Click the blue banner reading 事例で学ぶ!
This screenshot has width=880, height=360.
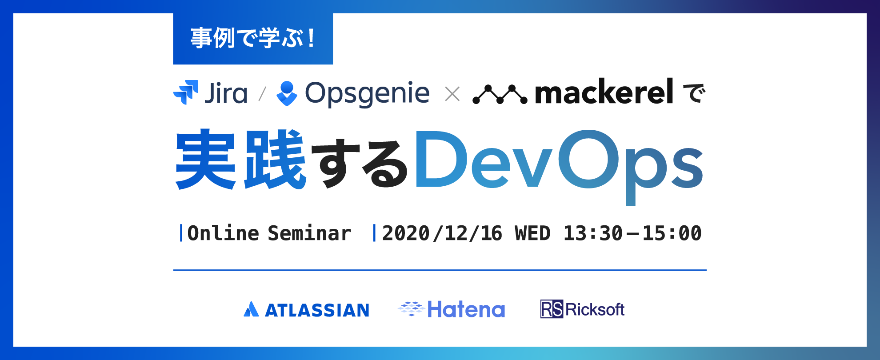[253, 39]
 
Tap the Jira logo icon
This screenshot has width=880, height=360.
[186, 92]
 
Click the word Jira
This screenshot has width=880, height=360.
[226, 93]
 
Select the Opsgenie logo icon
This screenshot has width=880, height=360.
[287, 93]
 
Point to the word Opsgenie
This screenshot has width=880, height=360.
[367, 94]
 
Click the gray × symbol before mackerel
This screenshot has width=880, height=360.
[452, 94]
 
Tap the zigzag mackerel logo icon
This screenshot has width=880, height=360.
[500, 94]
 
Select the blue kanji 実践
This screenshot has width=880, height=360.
[241, 159]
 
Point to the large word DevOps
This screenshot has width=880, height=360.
[559, 167]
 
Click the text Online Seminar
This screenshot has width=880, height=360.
[269, 233]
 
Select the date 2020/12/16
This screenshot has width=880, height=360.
[442, 233]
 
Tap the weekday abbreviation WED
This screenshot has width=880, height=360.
[532, 233]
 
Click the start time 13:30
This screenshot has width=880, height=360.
[593, 233]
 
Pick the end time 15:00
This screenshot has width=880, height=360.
[672, 233]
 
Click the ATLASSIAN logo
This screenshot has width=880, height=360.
[307, 310]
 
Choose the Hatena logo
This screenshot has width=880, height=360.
[452, 309]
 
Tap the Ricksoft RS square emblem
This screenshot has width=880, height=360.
[552, 309]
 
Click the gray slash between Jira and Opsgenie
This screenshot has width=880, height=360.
[262, 94]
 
